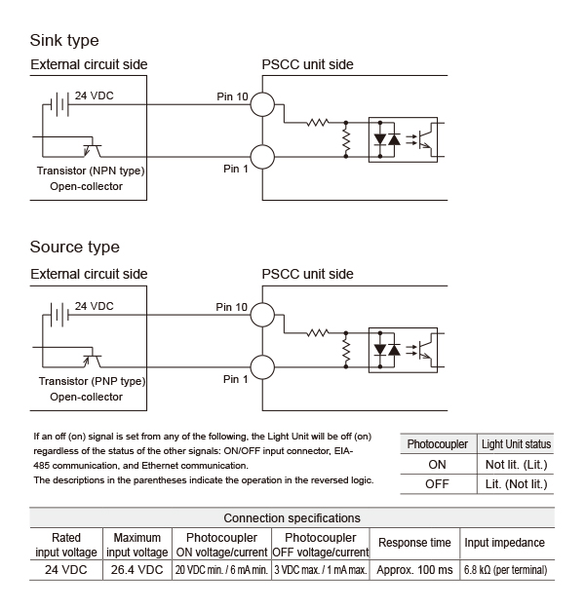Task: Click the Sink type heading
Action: tap(64, 41)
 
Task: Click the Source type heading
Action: tap(74, 248)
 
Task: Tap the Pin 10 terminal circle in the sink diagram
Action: tap(262, 104)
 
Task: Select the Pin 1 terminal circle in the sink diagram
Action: tap(262, 157)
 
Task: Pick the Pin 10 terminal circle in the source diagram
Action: tap(262, 315)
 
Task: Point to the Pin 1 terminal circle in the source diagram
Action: tap(262, 367)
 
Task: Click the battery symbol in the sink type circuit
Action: tap(59, 104)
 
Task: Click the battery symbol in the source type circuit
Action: tap(59, 315)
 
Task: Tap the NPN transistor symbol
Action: tap(93, 150)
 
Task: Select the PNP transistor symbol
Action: tap(93, 361)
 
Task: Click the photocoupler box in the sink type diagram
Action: tap(403, 140)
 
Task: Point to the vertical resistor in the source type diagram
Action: tap(346, 350)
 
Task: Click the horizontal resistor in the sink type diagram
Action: tap(318, 123)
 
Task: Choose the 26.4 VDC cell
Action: tap(136, 570)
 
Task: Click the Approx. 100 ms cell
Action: tap(414, 570)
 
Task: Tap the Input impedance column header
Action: tap(504, 543)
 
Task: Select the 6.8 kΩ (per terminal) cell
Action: tap(505, 570)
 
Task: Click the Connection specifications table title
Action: tap(292, 518)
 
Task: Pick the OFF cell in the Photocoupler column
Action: tap(437, 484)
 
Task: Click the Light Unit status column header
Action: tap(516, 444)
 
